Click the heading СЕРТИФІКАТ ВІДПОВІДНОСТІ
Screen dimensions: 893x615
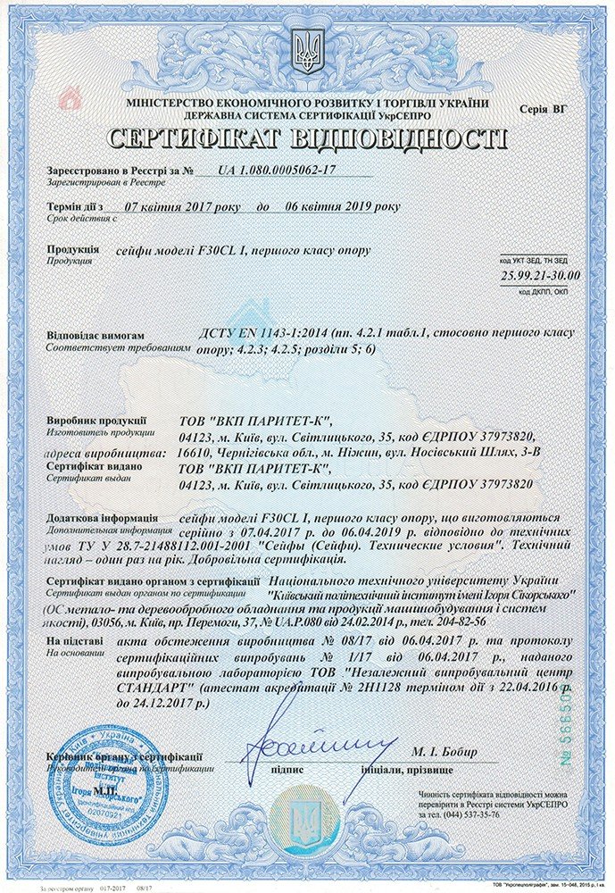tap(307, 139)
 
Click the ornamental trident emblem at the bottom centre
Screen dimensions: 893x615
tap(308, 821)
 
